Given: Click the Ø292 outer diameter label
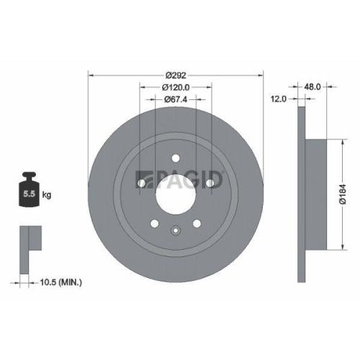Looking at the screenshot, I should (x=176, y=74).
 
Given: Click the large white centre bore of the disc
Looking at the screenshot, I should (x=175, y=193).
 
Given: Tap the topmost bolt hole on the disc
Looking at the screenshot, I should (x=175, y=160).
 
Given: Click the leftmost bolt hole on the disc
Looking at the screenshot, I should (x=142, y=183).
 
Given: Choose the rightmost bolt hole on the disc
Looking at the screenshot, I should (x=210, y=183).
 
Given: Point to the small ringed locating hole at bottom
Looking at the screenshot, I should (x=175, y=230).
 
